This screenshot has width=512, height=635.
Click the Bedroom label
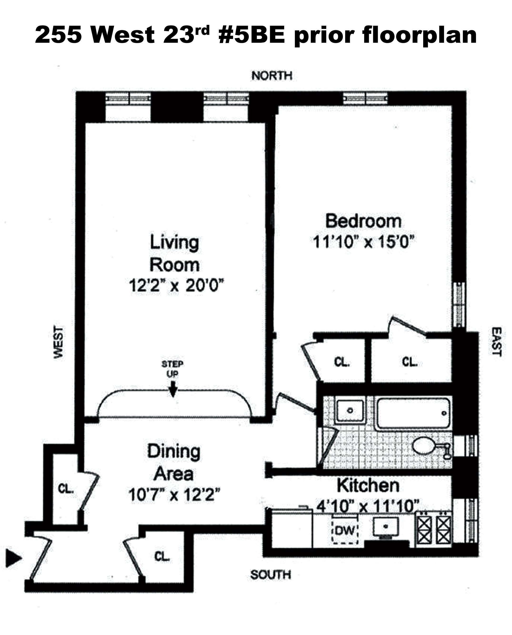coord(363,221)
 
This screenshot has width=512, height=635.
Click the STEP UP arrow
coord(173,389)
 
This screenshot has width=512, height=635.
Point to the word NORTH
coord(272,76)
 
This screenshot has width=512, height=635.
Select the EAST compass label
coord(497,341)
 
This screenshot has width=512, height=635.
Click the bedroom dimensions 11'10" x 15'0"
coord(364,242)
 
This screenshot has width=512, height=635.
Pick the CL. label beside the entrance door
coord(162,556)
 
